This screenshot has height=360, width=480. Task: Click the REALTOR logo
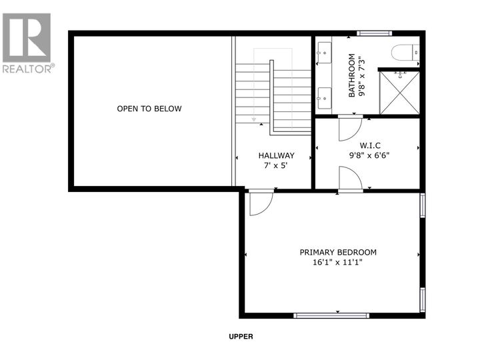[27, 42]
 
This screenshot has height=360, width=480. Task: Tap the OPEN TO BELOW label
[149, 109]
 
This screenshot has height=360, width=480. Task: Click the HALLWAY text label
[276, 155]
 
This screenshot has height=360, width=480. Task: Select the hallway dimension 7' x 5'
[276, 165]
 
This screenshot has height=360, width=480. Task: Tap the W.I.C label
[369, 144]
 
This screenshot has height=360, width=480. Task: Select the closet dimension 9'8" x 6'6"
[369, 155]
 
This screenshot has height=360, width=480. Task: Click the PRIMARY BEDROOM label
[338, 252]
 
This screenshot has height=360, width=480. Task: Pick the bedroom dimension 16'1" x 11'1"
[338, 263]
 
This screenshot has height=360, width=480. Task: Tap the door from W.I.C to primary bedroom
[349, 178]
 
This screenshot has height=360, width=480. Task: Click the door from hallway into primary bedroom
[260, 203]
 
